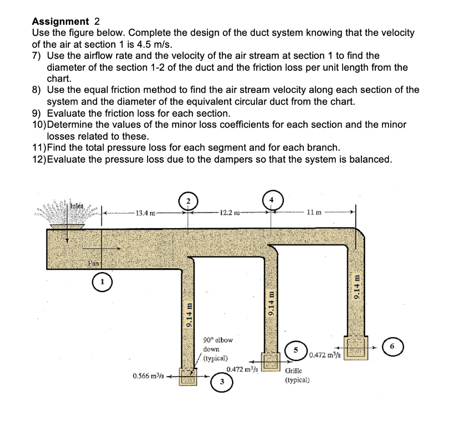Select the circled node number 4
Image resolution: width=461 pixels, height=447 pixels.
click(271, 200)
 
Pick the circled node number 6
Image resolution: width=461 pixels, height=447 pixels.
click(392, 347)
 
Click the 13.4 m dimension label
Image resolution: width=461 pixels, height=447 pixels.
click(145, 213)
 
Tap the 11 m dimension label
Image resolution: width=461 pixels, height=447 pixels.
click(314, 212)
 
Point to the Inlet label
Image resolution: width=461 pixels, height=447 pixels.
click(77, 206)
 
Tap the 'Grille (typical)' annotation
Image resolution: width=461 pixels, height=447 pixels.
click(297, 375)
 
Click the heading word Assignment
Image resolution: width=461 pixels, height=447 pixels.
click(61, 21)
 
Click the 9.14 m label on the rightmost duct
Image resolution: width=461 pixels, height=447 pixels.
click(357, 287)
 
